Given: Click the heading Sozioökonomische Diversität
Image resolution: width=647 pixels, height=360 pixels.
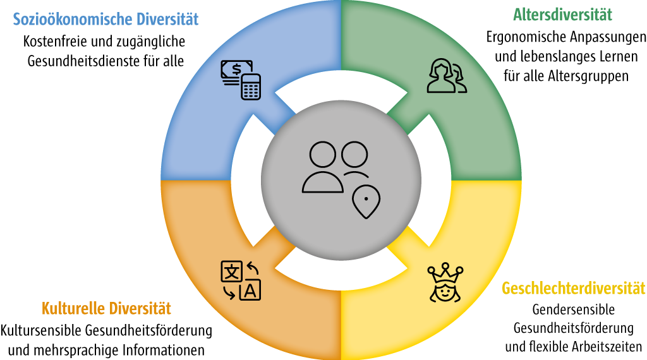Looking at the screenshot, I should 106,19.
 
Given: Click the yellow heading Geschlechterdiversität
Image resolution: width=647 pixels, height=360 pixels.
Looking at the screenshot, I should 574,289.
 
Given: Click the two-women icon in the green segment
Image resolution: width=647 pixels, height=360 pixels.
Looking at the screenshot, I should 447,76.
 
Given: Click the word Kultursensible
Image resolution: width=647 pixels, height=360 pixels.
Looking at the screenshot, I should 40,330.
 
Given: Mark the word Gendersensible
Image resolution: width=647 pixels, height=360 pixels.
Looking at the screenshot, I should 574,309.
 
